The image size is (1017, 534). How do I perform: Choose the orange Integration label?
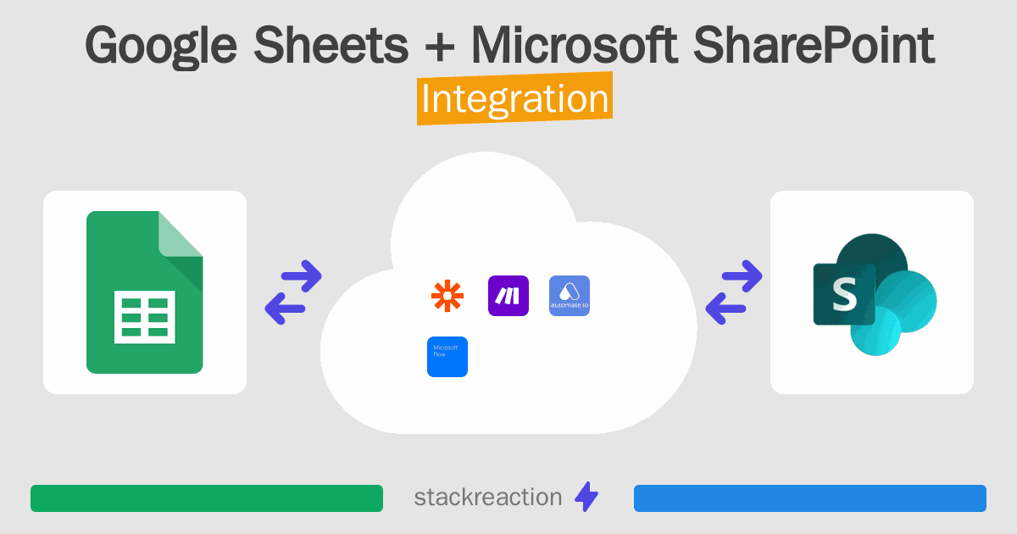click(514, 99)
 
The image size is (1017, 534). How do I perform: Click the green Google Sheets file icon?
click(145, 292)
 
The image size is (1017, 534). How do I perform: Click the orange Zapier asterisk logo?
click(447, 296)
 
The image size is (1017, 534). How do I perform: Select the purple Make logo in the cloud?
click(508, 296)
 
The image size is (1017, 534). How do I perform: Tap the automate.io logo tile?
click(570, 296)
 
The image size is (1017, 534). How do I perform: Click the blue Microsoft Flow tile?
click(447, 357)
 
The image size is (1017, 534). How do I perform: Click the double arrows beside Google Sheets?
click(293, 292)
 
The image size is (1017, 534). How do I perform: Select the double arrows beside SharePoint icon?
click(734, 292)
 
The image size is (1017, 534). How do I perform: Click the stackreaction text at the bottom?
click(487, 498)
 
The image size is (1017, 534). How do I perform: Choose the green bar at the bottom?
click(207, 498)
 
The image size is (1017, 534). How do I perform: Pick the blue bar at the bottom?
click(810, 498)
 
